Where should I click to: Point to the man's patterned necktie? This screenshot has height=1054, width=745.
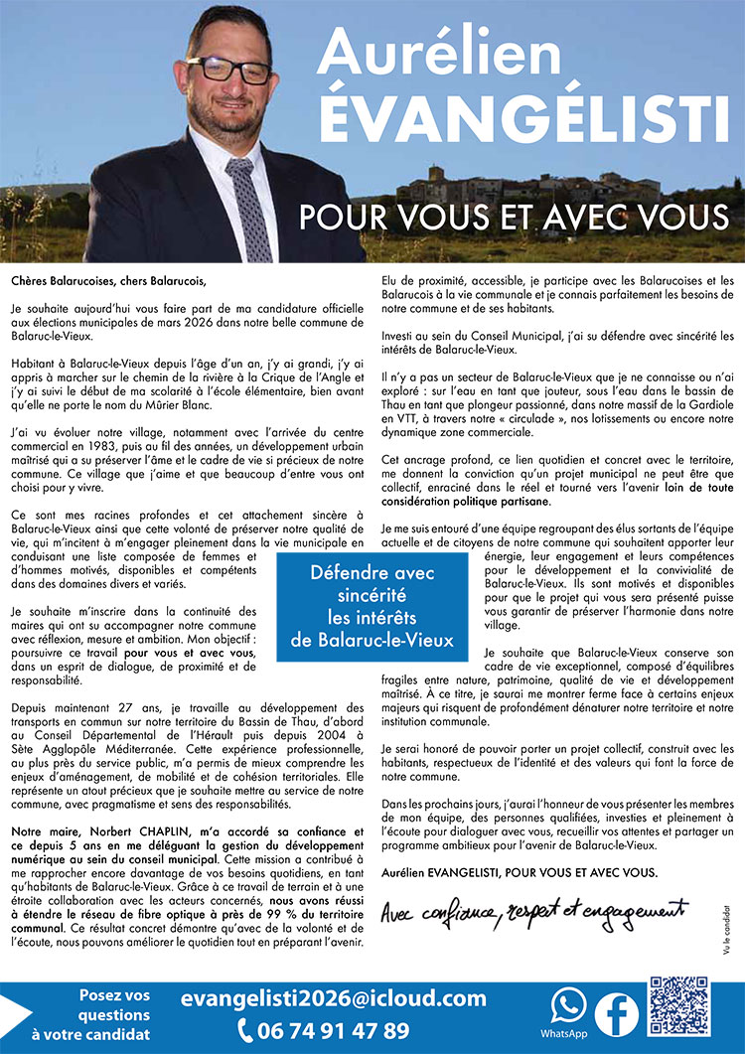[247, 209]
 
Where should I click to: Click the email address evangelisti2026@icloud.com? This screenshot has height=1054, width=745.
[333, 998]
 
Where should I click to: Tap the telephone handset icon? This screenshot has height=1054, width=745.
[244, 1030]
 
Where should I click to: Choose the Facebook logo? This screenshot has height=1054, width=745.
[617, 1014]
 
